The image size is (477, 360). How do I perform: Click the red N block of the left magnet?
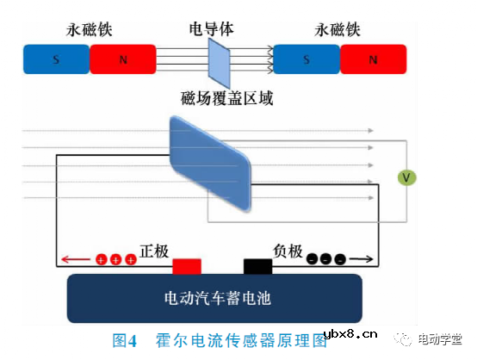click(122, 60)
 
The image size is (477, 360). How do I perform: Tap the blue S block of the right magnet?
click(307, 60)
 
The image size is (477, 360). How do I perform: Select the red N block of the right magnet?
click(373, 60)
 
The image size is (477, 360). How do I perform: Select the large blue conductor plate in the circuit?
click(210, 164)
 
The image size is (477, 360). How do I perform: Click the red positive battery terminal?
click(187, 266)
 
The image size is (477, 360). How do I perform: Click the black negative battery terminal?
click(257, 266)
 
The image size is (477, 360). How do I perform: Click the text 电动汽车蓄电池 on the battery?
click(217, 299)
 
